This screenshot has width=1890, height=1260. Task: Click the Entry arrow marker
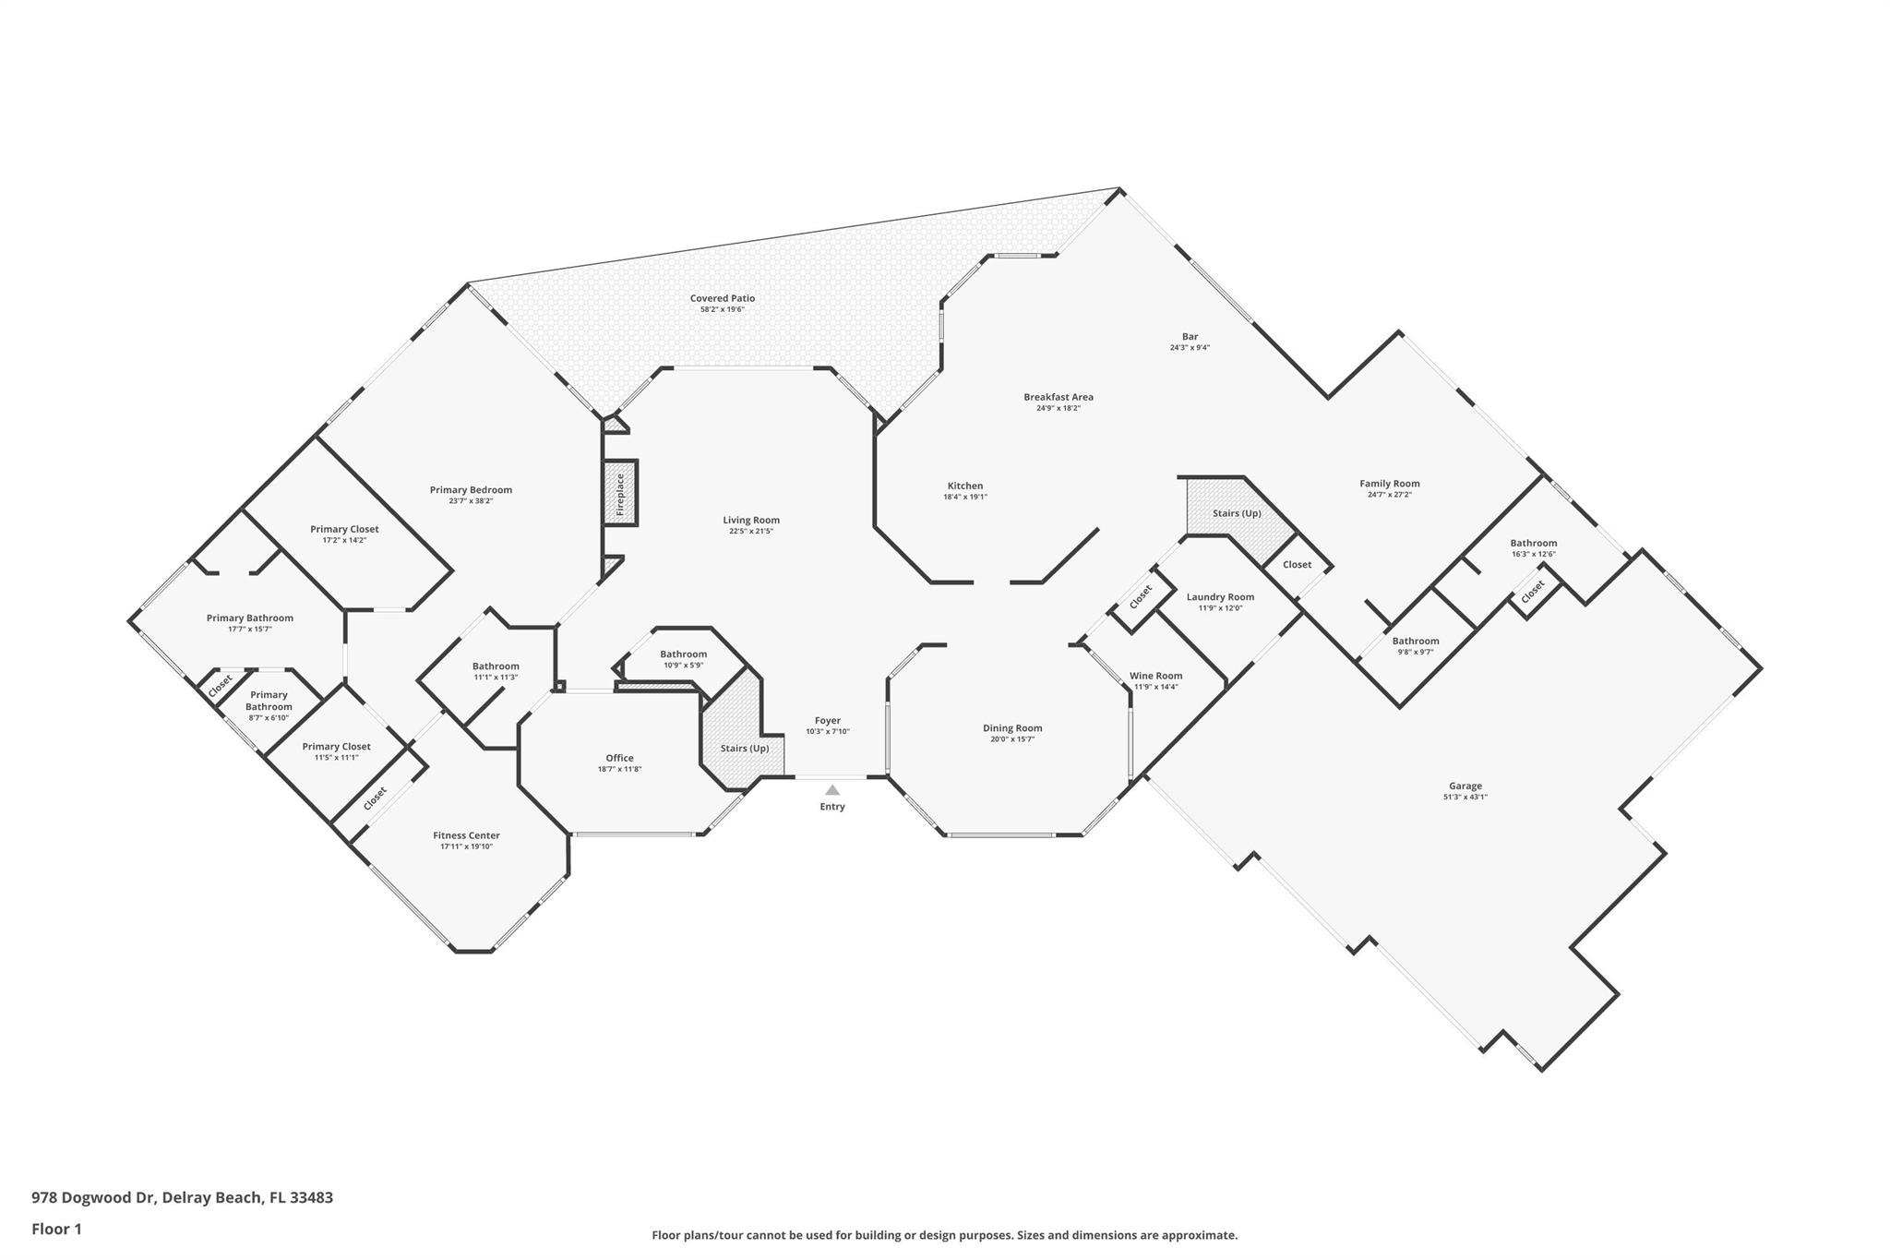831,790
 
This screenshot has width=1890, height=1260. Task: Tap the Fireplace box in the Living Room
620,494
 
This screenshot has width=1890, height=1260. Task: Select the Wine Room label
1155,676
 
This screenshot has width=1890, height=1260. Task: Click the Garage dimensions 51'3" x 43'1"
1465,798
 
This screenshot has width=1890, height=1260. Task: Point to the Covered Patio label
722,298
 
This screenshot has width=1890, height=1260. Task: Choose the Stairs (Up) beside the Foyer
744,748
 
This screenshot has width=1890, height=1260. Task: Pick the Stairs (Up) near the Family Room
1236,513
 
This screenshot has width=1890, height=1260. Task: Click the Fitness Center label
466,835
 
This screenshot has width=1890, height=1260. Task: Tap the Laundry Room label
1220,597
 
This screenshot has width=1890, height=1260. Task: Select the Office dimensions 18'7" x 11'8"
619,769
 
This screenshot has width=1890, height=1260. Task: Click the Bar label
1190,337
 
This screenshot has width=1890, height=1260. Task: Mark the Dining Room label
1012,728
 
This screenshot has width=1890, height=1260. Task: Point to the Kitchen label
965,486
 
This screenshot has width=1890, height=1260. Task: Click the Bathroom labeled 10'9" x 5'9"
683,654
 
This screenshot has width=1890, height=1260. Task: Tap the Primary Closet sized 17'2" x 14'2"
344,529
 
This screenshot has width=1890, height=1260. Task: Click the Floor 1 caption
56,1230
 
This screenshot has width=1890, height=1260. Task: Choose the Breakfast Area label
1058,397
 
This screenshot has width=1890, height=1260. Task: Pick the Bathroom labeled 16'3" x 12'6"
1533,543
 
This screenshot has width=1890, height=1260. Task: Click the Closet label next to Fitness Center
375,798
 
